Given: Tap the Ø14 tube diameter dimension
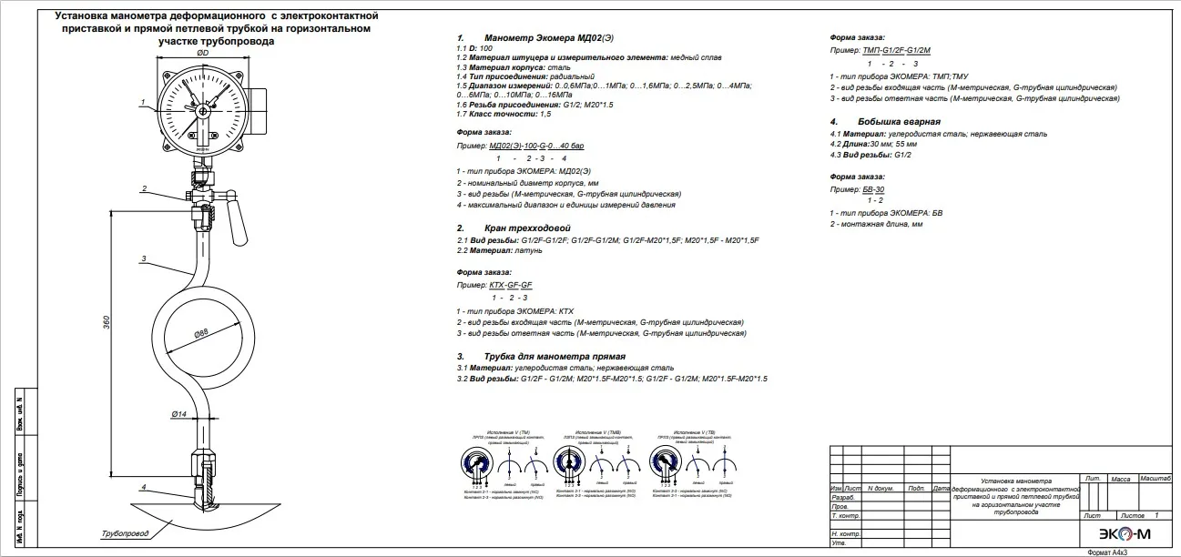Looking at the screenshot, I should [178, 414].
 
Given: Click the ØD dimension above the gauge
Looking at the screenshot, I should [202, 54].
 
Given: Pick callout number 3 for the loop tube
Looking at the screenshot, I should [144, 259].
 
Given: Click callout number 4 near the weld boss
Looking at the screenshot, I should [143, 487].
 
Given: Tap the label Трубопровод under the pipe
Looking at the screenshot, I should [125, 532].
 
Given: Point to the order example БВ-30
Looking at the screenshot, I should [872, 188].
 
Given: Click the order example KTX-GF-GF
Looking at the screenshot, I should [510, 285].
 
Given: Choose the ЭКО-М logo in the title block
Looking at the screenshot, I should [1115, 533].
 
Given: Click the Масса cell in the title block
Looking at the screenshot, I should [1121, 478].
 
